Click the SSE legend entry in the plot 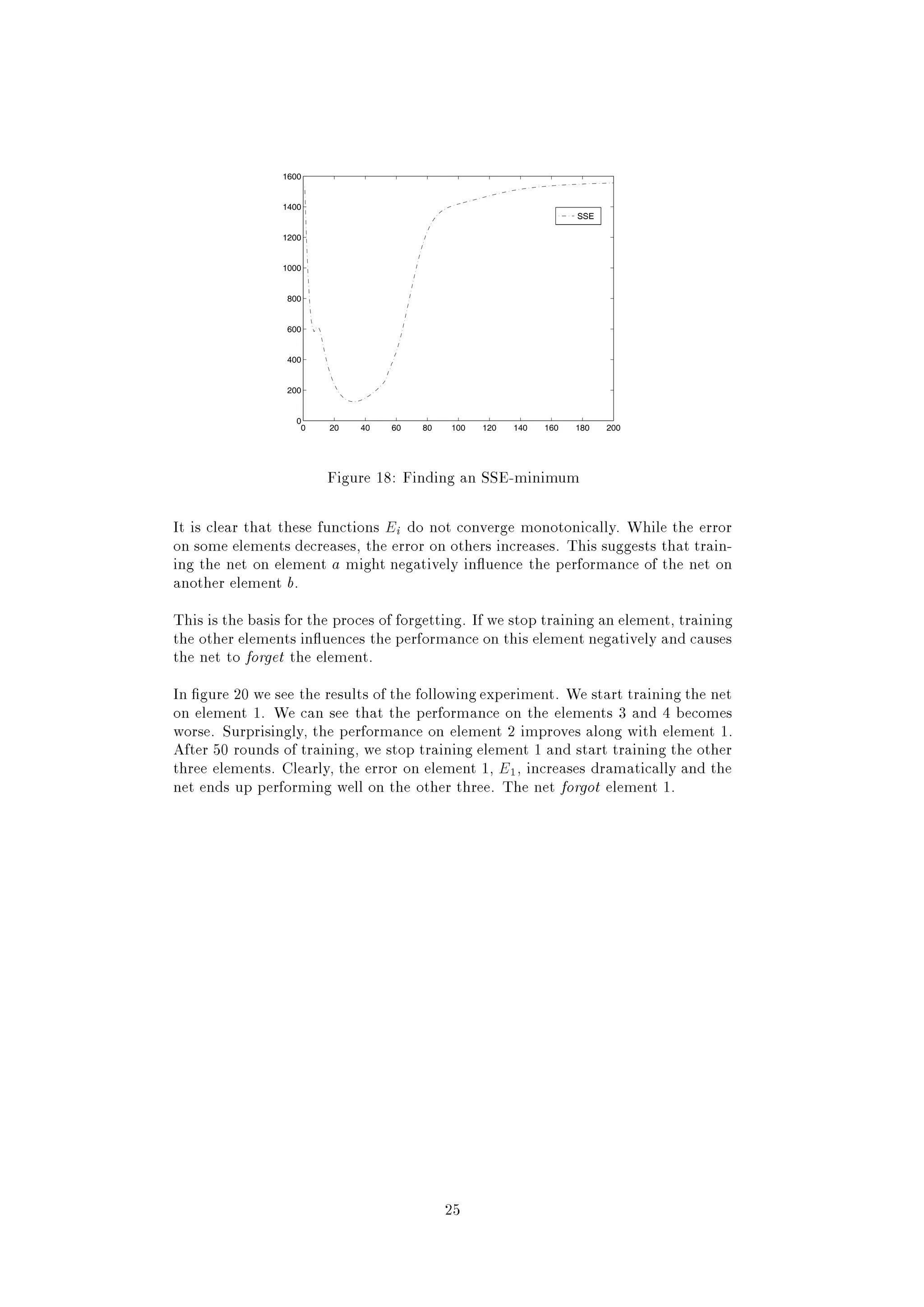click(x=578, y=216)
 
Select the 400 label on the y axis click(x=294, y=360)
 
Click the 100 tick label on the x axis click(x=458, y=428)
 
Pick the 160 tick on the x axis click(x=551, y=428)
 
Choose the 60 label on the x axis click(x=396, y=428)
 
